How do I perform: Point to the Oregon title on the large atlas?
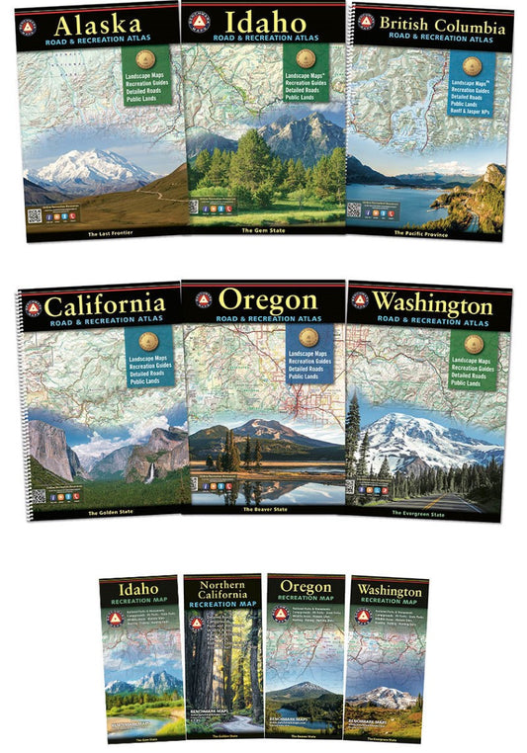[267, 298]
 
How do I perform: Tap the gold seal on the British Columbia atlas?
[472, 65]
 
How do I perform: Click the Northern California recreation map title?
[224, 594]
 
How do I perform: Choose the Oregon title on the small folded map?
[306, 587]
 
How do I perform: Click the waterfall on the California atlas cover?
[148, 472]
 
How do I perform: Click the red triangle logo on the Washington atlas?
[361, 299]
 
